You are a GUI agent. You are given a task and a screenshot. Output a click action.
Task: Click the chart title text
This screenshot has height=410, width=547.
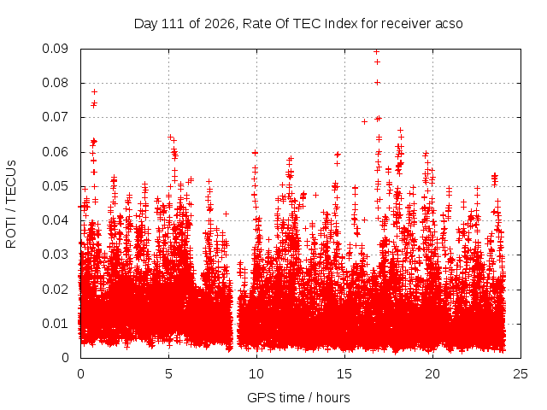pos(298,24)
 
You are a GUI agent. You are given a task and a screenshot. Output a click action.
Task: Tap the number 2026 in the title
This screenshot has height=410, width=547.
pos(220,24)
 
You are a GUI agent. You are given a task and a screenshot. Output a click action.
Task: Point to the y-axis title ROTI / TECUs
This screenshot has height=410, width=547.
pos(11,204)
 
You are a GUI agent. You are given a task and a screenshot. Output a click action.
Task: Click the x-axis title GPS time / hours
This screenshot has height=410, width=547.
pos(298,397)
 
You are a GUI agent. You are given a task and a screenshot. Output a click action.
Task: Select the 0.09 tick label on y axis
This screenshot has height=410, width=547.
pos(55,49)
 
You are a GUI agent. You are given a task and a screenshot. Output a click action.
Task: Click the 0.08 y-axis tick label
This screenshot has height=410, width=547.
pos(55,83)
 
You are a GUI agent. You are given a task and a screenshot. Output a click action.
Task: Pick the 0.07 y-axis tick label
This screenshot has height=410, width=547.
pos(55,117)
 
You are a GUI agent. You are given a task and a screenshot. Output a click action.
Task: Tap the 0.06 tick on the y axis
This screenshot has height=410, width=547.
pos(55,152)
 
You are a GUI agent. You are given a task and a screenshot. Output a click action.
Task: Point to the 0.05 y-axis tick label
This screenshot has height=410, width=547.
pos(55,186)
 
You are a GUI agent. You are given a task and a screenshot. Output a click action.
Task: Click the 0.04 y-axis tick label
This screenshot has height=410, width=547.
pos(55,220)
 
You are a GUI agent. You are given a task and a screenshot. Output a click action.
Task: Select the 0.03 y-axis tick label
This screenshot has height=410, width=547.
pos(55,255)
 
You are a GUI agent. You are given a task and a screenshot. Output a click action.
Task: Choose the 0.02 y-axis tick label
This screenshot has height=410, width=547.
pos(55,289)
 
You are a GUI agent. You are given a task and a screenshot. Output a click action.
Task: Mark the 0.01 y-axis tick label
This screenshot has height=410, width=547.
pos(55,324)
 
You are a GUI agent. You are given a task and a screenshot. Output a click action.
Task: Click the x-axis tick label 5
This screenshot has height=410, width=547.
pos(168,374)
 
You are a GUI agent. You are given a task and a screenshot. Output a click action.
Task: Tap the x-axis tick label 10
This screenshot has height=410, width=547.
pos(256,374)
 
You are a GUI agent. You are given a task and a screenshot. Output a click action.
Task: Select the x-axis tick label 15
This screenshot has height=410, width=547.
pos(344,374)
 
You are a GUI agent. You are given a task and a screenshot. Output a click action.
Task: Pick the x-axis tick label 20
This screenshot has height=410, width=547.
pos(432,374)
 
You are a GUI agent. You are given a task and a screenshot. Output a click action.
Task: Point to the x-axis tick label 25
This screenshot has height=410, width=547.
pos(521,374)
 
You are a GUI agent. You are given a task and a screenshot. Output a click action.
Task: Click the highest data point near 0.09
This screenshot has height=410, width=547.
pos(376,52)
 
